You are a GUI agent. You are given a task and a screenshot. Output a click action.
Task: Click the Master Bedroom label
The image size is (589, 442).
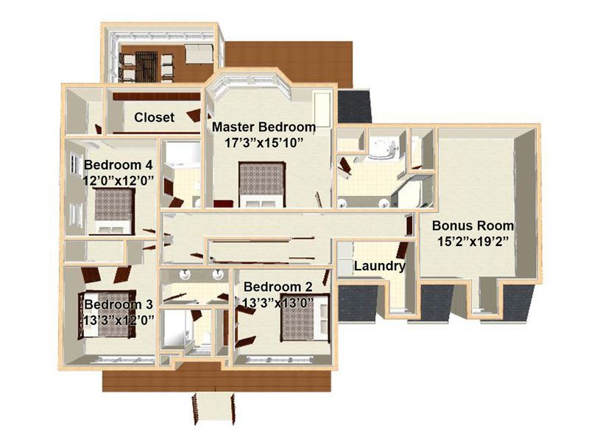264,127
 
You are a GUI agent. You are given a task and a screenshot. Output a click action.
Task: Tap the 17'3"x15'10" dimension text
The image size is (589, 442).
264,143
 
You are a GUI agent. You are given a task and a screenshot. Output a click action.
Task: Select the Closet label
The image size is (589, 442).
154,117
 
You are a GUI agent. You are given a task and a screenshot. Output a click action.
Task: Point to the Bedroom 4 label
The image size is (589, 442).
119,165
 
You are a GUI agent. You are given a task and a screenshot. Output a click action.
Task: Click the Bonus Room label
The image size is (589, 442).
473,225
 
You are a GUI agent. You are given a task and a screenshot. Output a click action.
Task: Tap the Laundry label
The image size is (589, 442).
380,266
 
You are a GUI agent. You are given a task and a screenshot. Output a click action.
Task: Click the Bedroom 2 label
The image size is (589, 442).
278,287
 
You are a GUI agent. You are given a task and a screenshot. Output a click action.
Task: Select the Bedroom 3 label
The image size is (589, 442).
119,304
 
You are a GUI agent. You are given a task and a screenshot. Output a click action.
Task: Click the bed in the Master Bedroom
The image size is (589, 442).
262,185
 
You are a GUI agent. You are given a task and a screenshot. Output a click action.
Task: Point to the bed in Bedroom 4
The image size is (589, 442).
113,211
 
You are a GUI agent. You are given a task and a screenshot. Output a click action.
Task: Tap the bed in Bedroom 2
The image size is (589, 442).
305,318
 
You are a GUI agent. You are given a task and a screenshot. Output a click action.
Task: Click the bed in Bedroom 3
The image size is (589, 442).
107,315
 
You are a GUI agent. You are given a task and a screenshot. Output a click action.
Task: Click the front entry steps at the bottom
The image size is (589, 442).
214,408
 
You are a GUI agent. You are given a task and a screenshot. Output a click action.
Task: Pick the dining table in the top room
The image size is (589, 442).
147,66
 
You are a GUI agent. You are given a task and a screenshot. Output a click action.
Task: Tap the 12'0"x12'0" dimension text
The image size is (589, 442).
119,180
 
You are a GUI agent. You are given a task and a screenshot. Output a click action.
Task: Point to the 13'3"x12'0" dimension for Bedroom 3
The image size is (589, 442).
119,320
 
